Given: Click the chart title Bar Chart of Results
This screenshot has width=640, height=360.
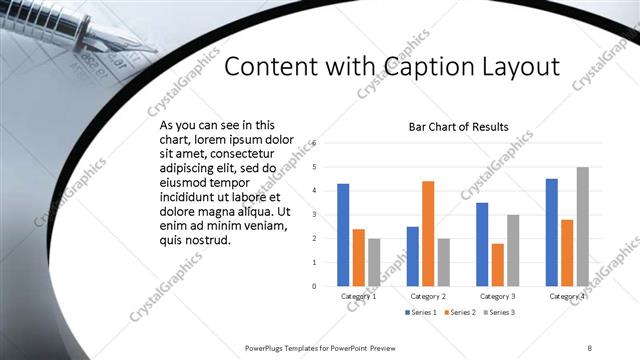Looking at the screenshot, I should (459, 127).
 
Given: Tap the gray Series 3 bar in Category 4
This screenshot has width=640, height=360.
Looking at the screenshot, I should (582, 226).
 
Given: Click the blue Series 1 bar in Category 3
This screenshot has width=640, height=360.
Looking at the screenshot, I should (482, 244).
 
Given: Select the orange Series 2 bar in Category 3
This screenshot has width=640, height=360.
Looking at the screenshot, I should (497, 264).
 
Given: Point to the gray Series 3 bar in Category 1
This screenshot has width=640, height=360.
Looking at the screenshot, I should (374, 262).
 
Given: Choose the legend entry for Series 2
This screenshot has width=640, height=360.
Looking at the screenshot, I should (459, 314).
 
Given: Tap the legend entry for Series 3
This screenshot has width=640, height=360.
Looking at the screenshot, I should (497, 314).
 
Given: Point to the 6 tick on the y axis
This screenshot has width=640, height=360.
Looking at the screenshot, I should (314, 143).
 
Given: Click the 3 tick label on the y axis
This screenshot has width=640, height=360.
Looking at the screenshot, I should (314, 215).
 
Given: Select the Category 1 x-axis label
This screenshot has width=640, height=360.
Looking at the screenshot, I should (358, 296).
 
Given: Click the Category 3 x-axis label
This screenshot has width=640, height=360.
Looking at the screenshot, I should (497, 296).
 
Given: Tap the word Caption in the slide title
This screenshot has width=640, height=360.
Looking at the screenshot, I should (419, 67).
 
